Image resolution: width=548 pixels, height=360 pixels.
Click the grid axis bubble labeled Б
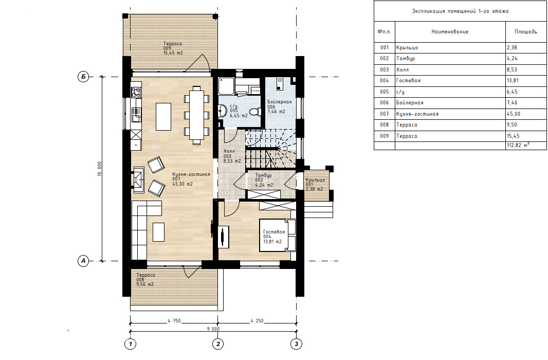click(83, 77)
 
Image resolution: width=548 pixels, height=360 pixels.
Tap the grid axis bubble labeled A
click(83, 261)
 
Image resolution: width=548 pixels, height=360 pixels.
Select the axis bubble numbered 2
click(218, 344)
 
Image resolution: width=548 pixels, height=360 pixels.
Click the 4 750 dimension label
click(174, 321)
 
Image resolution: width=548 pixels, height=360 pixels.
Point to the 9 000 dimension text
click(213, 329)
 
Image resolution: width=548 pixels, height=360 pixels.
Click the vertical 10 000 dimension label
click(99, 169)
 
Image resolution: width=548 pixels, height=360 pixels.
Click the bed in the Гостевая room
click(278, 235)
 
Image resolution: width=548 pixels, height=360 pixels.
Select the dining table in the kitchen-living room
click(197, 115)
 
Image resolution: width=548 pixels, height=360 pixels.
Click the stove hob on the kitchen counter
click(136, 92)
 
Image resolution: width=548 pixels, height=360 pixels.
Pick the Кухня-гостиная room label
click(191, 174)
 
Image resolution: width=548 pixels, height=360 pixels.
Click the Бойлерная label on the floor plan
click(280, 102)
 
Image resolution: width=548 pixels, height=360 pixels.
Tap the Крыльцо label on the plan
click(315, 180)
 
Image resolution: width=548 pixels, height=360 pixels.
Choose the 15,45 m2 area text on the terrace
click(173, 53)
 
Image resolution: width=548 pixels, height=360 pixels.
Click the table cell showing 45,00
click(514, 114)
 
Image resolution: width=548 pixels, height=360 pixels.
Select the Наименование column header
click(450, 31)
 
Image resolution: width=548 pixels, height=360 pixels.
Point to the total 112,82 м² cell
click(518, 145)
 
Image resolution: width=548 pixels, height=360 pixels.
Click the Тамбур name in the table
click(406, 58)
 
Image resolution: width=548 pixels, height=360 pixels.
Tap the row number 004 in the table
click(385, 80)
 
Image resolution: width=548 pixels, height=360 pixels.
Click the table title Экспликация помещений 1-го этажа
click(460, 11)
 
